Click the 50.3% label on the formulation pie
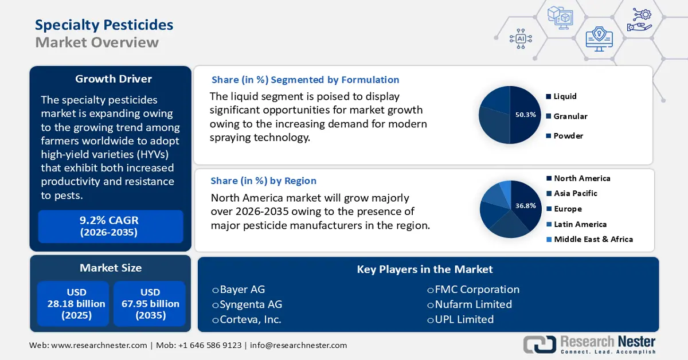click(x=525, y=115)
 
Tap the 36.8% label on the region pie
click(x=525, y=205)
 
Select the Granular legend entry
click(x=570, y=116)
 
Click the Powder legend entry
click(x=568, y=136)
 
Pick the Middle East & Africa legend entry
click(x=593, y=239)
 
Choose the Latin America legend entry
click(x=580, y=224)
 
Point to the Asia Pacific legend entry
click(x=575, y=193)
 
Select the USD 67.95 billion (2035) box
click(x=150, y=304)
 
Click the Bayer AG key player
click(x=242, y=289)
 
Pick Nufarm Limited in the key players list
click(x=473, y=304)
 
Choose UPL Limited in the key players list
click(x=464, y=319)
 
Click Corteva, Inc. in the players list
click(x=250, y=319)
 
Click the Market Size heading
click(x=111, y=268)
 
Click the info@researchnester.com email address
click(x=298, y=345)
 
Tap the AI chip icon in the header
click(x=521, y=38)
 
